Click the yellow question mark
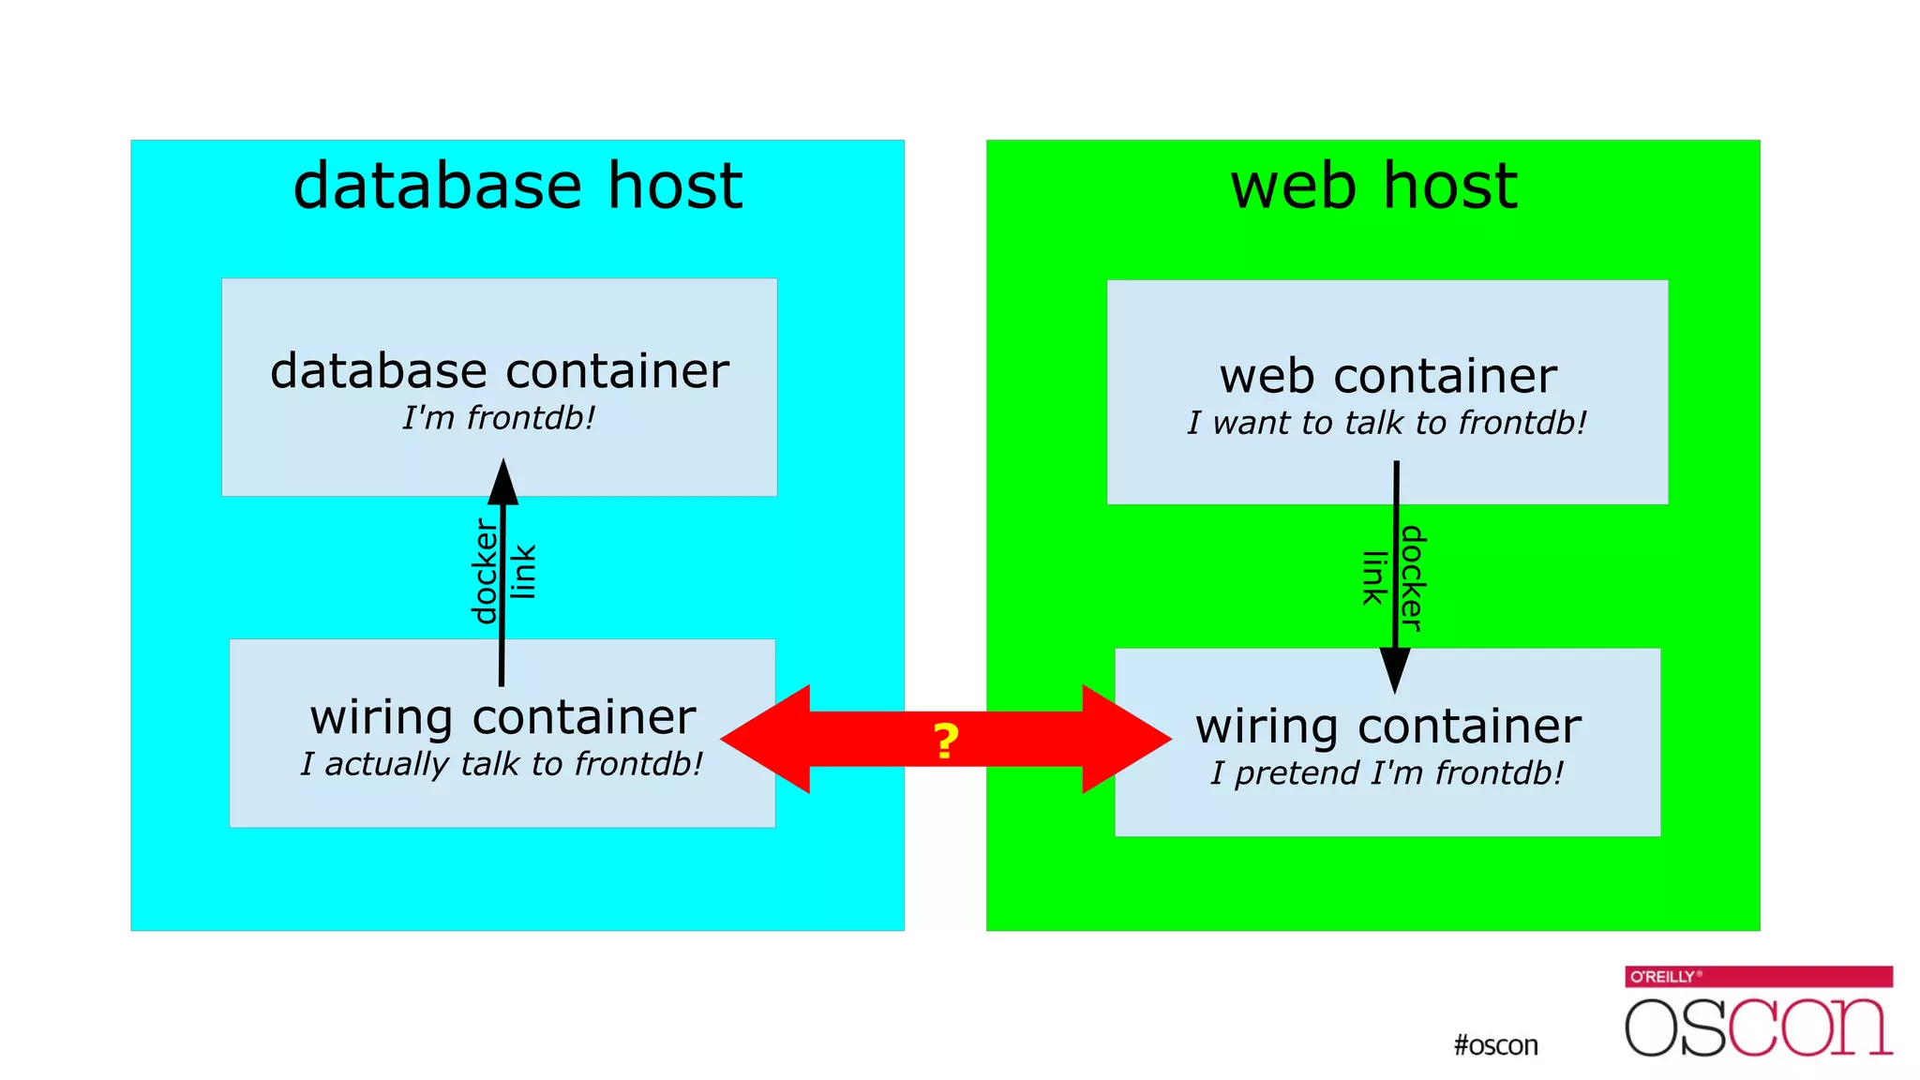pyautogui.click(x=946, y=742)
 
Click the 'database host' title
pyautogui.click(x=517, y=186)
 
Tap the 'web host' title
pyautogui.click(x=1373, y=186)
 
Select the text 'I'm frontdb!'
pyautogui.click(x=499, y=418)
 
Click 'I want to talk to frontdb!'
pyautogui.click(x=1387, y=423)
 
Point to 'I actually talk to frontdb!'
pyautogui.click(x=502, y=764)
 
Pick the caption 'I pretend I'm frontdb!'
pyautogui.click(x=1387, y=773)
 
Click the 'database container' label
pyautogui.click(x=499, y=371)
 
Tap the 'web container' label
pyautogui.click(x=1387, y=377)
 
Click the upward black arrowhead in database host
pyautogui.click(x=503, y=482)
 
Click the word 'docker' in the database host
pyautogui.click(x=485, y=572)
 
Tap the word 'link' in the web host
pyautogui.click(x=1374, y=577)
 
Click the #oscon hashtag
pyautogui.click(x=1495, y=1045)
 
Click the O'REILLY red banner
pyautogui.click(x=1758, y=976)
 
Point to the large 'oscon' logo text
pyautogui.click(x=1758, y=1027)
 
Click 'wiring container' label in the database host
pyautogui.click(x=502, y=718)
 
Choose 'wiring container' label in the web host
pyautogui.click(x=1387, y=727)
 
